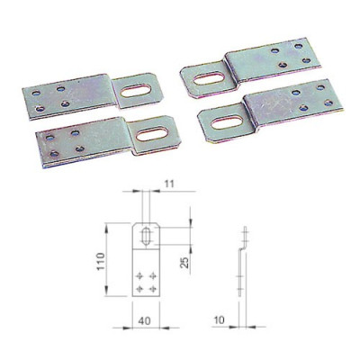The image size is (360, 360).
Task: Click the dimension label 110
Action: point(102,262)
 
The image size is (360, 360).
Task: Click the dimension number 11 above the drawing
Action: point(169,184)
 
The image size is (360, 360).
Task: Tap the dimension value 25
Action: point(185,262)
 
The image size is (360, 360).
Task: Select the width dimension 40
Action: point(145,320)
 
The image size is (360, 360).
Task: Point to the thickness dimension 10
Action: point(220,320)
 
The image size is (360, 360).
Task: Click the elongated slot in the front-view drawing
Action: point(146,237)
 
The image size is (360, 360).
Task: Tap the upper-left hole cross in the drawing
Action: point(139,275)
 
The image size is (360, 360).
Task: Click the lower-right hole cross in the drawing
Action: point(153,289)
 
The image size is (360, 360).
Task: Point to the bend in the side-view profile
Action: point(243,249)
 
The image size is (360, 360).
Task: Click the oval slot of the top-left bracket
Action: point(136,90)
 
